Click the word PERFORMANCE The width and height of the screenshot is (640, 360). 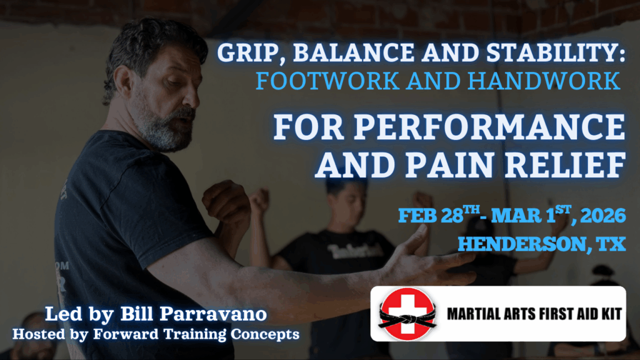(x=489, y=127)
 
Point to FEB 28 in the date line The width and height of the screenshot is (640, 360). (x=431, y=215)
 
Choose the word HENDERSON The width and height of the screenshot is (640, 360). (x=522, y=244)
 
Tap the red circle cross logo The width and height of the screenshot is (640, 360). (x=407, y=314)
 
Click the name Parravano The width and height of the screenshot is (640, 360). (x=212, y=314)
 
